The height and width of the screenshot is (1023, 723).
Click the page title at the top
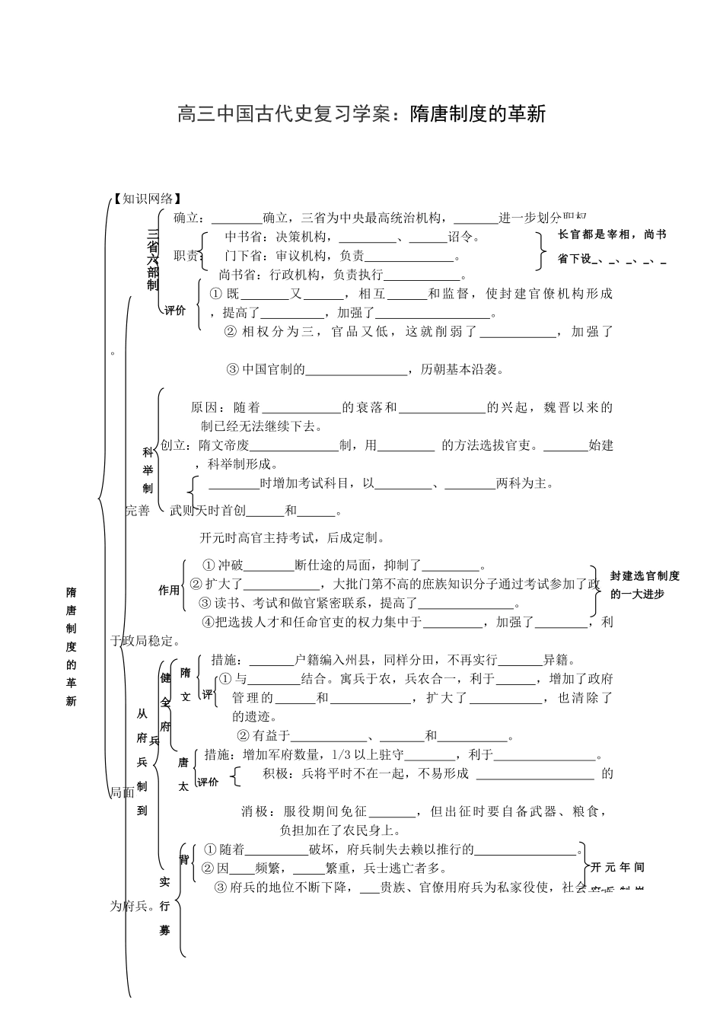pos(361,115)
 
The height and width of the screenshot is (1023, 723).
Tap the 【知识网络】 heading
pos(148,199)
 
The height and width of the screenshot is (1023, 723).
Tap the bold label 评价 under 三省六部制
pos(176,311)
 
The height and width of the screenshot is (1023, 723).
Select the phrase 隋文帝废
pos(224,445)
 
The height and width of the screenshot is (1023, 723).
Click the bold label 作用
pos(169,590)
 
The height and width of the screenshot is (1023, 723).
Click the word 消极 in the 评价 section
pos(255,811)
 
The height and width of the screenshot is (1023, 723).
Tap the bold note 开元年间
pos(617,867)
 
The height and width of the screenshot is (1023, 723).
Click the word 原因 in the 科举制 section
pos(205,407)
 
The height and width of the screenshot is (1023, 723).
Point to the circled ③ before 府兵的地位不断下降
pos(221,887)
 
